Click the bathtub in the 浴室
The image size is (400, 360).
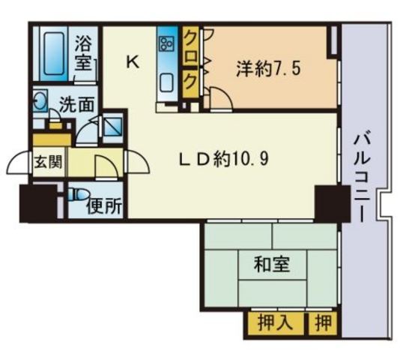tap(52, 50)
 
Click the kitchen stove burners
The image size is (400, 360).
tap(166, 43)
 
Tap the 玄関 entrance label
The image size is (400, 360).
tap(46, 162)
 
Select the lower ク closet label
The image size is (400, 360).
tap(191, 78)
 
